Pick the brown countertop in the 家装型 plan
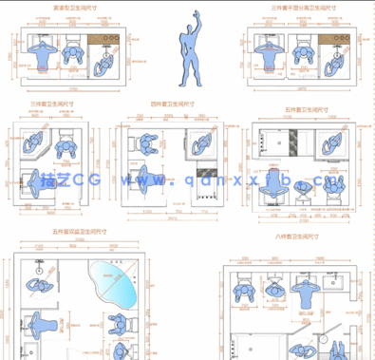click(101, 40)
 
